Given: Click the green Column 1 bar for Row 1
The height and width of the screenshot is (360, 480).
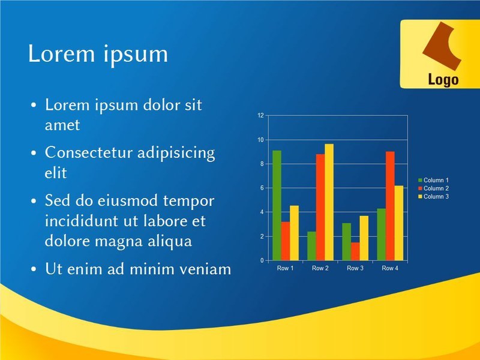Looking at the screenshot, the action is (x=277, y=205).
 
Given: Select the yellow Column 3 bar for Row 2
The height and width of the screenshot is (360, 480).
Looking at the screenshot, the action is (x=329, y=202).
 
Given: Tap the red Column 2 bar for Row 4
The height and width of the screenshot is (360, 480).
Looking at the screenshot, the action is (x=390, y=206).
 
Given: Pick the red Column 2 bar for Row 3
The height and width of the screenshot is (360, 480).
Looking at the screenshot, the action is (x=355, y=251).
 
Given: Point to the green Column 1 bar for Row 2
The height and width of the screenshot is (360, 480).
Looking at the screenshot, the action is (x=311, y=246).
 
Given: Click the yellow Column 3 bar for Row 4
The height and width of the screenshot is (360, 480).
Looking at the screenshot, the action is (x=399, y=223).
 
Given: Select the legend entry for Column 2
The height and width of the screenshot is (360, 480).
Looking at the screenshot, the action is (x=433, y=188).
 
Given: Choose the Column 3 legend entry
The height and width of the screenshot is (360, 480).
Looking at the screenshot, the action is (x=433, y=197).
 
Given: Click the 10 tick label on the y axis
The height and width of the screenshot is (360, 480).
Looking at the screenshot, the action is (x=260, y=140).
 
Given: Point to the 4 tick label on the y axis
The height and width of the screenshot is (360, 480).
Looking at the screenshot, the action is (x=262, y=212).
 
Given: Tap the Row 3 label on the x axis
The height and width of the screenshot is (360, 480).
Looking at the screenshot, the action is (x=355, y=268).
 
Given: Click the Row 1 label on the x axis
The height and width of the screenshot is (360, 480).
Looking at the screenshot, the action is (x=286, y=268).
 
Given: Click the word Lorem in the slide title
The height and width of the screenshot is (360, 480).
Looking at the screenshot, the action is (x=62, y=53).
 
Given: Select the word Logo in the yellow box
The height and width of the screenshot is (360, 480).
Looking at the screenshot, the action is (x=443, y=80).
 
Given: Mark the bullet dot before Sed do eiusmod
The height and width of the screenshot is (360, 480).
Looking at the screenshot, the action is (x=34, y=201).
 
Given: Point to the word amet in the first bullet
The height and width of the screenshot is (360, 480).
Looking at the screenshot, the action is (x=62, y=125).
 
